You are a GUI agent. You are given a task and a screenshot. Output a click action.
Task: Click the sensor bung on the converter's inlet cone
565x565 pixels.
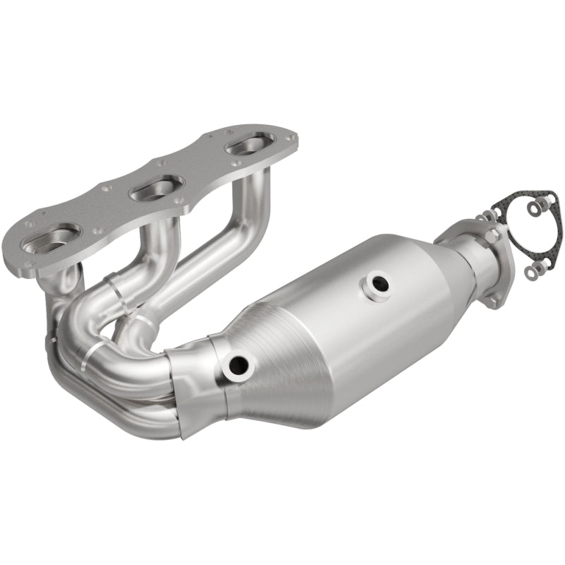(237, 364)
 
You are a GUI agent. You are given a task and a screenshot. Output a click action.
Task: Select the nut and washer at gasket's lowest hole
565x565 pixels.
(535, 270)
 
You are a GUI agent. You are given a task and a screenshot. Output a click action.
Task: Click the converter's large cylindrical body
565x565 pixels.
(353, 325)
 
